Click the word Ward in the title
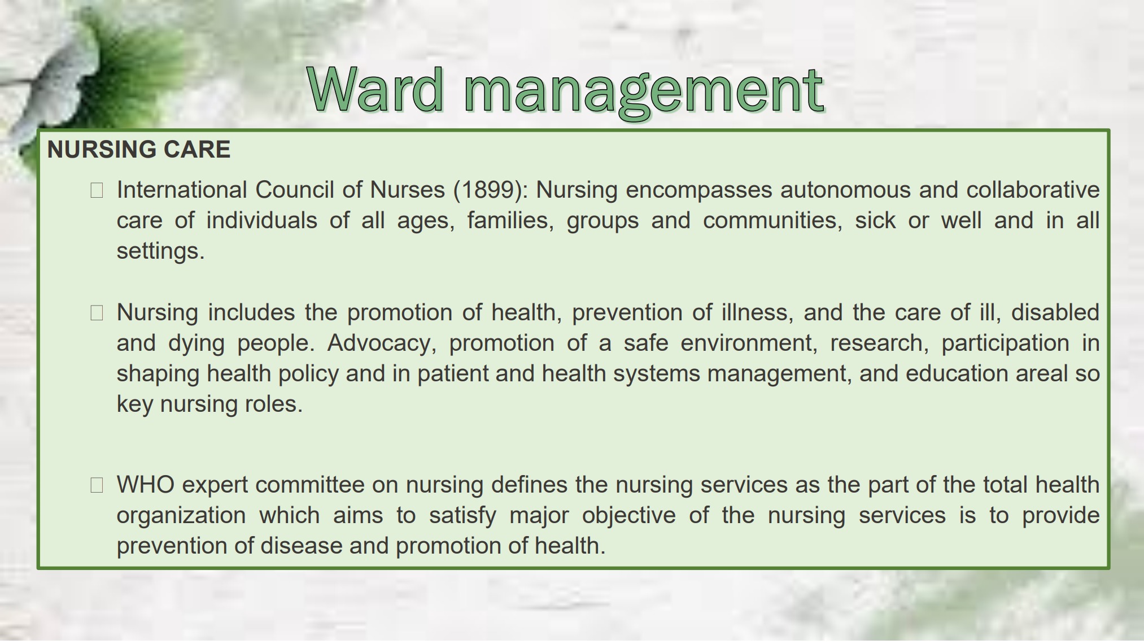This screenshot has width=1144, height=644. point(376,89)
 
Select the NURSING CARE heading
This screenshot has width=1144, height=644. point(139,150)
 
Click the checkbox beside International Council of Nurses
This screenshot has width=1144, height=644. point(97,190)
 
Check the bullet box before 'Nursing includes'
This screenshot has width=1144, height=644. point(97,313)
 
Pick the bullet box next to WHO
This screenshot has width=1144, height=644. point(97,485)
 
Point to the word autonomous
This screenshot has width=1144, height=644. point(845,190)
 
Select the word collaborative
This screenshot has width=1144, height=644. point(1033,190)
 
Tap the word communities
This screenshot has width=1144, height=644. point(772,221)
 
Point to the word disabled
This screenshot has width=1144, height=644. point(1055,312)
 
